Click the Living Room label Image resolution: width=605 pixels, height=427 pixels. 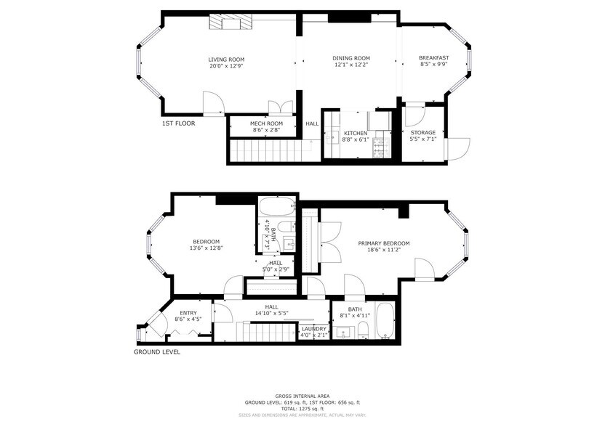tap(226, 60)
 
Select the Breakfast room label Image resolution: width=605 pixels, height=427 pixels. tap(433, 58)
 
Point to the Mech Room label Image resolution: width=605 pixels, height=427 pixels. tap(266, 123)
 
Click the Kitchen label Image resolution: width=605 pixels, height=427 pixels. tap(356, 133)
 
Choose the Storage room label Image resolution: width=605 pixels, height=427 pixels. tap(422, 133)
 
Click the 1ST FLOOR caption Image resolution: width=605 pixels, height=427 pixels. tap(179, 123)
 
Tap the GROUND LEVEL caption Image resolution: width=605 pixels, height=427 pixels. tap(156, 352)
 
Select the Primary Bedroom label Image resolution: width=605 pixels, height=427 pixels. tap(383, 243)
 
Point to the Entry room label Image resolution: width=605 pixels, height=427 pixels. tap(188, 313)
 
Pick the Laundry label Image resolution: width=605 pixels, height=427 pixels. tap(314, 329)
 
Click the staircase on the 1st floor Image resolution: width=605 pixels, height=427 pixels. tap(265, 151)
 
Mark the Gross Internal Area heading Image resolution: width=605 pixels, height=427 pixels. tap(302, 396)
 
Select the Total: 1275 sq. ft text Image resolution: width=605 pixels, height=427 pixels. tap(302, 409)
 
